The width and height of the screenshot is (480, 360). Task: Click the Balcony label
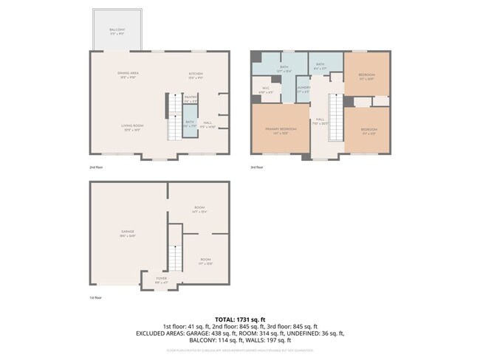[x=117, y=30]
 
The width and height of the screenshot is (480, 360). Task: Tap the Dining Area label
[x=128, y=74]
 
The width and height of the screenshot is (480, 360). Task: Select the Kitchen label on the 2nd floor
[x=195, y=75]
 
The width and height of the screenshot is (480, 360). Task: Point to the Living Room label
[x=132, y=127]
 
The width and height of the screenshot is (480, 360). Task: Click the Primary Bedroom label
[x=280, y=130]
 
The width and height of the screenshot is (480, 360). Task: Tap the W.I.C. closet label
[x=267, y=90]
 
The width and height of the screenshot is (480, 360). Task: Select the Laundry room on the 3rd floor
[x=303, y=89]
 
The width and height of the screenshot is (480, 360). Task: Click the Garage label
[x=128, y=234]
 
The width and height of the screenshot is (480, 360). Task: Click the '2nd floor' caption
[x=96, y=167]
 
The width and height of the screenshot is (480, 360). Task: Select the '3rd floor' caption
[x=256, y=167]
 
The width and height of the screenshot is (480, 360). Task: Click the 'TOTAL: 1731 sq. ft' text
[x=239, y=318]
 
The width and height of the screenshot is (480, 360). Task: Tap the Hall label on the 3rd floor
[x=320, y=120]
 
